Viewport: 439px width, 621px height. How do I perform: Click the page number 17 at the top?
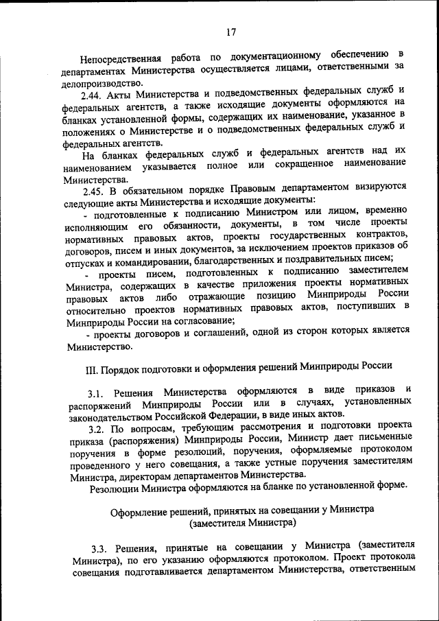tap(230, 31)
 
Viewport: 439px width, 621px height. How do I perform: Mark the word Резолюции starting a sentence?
tap(115, 488)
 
